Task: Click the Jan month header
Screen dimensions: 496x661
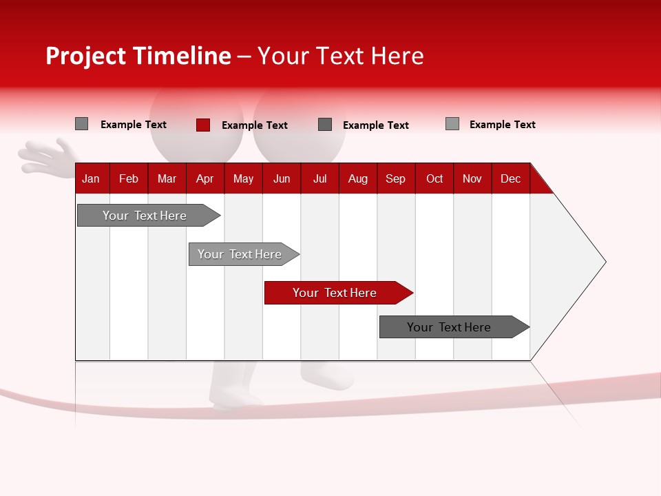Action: click(x=91, y=178)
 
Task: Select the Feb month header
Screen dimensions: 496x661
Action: click(x=129, y=178)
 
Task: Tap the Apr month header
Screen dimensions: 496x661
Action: click(x=204, y=178)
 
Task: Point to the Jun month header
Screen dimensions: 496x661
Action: click(x=282, y=178)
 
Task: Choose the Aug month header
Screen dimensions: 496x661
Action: click(x=357, y=178)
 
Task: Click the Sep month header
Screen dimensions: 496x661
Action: click(x=395, y=178)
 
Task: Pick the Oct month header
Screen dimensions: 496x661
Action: click(x=434, y=178)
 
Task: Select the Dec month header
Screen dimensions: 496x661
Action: click(x=510, y=178)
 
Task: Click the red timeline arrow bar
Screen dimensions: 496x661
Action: click(x=337, y=293)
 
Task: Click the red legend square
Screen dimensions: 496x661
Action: click(x=203, y=125)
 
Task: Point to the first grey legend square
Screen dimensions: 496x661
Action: click(x=81, y=124)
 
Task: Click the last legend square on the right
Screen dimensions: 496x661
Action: click(x=452, y=124)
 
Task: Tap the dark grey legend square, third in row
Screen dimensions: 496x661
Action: click(x=325, y=124)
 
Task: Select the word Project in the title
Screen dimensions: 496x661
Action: click(x=86, y=56)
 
